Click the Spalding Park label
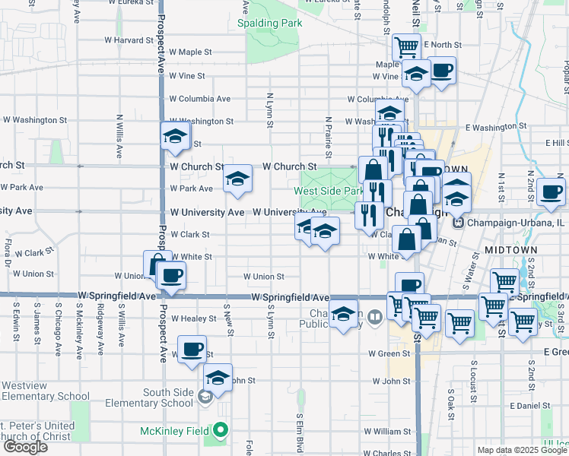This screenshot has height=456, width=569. pos(269,23)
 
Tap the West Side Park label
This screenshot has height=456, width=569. pos(329,191)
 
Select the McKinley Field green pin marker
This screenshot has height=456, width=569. pos(221,431)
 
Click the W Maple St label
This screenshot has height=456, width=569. pos(190,52)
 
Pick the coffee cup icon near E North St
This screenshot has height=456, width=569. pos(442,71)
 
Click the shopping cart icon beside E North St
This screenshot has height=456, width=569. pos(407,47)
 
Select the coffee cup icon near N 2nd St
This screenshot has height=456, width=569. pos(551,192)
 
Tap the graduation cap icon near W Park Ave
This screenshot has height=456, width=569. pos(237,179)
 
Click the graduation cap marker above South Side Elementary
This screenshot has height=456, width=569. pos(218,378)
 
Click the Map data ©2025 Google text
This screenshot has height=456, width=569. pos(522,450)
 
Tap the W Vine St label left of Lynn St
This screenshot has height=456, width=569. pos(187,76)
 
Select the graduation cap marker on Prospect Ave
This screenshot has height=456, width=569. pos(175,136)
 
